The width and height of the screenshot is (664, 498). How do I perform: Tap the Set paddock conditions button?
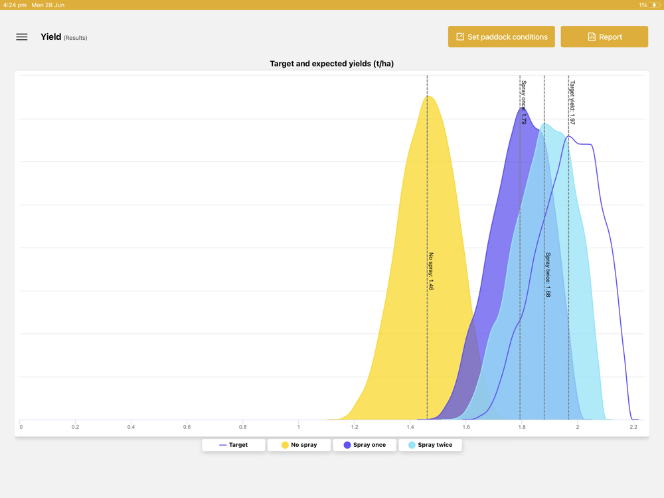tap(501, 37)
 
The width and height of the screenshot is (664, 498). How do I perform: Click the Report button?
tap(604, 37)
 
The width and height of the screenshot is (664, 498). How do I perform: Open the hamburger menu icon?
tap(22, 37)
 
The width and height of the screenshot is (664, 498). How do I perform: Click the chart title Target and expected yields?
tap(331, 64)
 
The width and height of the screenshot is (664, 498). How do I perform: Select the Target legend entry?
tap(233, 445)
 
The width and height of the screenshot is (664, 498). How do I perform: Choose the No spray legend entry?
tap(299, 445)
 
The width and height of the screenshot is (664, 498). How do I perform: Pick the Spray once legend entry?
tap(364, 445)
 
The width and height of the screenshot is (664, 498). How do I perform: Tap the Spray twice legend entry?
tap(430, 445)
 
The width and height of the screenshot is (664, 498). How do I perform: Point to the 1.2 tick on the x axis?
tap(355, 427)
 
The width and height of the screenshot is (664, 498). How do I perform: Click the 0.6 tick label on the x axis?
tap(187, 427)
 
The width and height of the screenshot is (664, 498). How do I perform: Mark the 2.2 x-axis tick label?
tap(633, 427)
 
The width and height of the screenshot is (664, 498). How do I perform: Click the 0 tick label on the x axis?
tap(21, 427)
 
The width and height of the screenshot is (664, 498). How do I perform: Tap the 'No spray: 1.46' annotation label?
tap(431, 271)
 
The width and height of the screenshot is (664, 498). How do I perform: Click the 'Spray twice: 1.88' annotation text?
tap(548, 274)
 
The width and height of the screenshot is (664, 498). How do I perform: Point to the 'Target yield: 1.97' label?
tap(572, 103)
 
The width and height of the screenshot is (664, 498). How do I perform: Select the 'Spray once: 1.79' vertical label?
tap(523, 103)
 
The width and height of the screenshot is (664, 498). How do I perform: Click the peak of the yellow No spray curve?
tap(429, 97)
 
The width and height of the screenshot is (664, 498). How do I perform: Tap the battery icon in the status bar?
tap(654, 5)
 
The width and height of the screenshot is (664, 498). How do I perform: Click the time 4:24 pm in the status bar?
tap(15, 5)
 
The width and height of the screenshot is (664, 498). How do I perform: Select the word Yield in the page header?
tap(50, 37)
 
